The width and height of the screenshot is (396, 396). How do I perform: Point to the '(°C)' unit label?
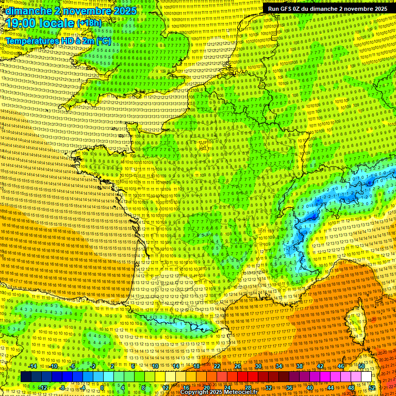[x=103, y=40]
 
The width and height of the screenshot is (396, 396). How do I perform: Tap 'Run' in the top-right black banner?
[x=274, y=9]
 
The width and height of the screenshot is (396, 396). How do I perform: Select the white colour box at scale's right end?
[x=366, y=377]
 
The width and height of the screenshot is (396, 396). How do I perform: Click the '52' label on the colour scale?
[x=372, y=388]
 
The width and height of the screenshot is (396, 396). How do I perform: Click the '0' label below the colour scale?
[x=102, y=388]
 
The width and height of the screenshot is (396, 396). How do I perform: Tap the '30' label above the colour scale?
[x=258, y=366]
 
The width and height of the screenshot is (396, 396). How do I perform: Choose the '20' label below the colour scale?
[x=207, y=388]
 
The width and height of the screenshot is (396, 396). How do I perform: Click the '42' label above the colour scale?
[x=320, y=366]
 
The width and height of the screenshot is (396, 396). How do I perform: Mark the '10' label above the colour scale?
[x=155, y=366]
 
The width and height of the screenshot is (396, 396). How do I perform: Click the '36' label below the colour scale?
[x=289, y=388]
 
